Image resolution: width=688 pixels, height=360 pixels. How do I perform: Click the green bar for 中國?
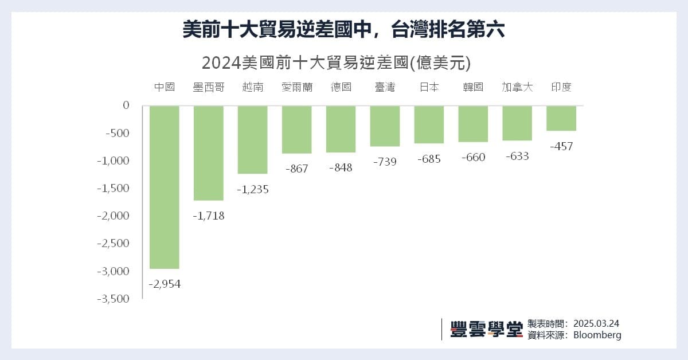165,187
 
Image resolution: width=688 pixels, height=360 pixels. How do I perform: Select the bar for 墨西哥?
209,153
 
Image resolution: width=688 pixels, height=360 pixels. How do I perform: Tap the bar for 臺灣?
385,126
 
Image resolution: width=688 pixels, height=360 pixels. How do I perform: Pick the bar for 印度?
561,118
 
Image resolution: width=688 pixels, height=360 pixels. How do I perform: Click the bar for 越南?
253,139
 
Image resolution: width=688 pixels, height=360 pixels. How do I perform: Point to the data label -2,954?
165,284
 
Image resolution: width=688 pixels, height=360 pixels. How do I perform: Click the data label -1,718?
209,216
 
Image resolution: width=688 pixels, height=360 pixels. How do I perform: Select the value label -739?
385,162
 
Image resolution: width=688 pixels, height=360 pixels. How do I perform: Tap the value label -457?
561,146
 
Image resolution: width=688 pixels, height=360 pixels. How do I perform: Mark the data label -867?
296,169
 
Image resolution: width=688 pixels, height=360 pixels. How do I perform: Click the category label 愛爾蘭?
296,87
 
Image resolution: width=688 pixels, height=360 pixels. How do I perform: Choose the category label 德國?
341,87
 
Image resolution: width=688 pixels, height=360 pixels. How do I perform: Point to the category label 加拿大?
517,87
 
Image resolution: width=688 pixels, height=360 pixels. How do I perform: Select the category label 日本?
429,87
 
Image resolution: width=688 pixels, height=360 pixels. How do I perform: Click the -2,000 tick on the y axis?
114,216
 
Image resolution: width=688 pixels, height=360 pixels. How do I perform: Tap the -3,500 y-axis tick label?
114,299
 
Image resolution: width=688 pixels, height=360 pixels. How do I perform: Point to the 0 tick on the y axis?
127,105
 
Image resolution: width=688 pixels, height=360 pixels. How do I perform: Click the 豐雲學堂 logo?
486,329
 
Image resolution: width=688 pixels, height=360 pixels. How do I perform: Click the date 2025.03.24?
596,323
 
